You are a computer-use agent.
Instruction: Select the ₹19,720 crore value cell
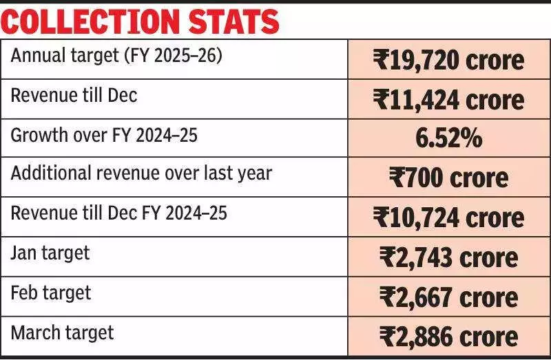pyautogui.click(x=448, y=61)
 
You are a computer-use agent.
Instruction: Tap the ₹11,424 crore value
pyautogui.click(x=448, y=100)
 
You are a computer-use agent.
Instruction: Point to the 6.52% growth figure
pyautogui.click(x=448, y=139)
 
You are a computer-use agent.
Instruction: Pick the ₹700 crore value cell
pyautogui.click(x=448, y=178)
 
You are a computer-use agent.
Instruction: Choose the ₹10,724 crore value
pyautogui.click(x=448, y=218)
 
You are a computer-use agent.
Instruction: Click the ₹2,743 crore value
pyautogui.click(x=448, y=257)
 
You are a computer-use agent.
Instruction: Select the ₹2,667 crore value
pyautogui.click(x=448, y=297)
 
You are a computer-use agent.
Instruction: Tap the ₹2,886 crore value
pyautogui.click(x=448, y=336)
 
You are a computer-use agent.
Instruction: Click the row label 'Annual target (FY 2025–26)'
pyautogui.click(x=116, y=56)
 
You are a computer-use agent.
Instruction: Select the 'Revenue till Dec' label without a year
pyautogui.click(x=74, y=95)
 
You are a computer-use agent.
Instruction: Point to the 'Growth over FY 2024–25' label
pyautogui.click(x=104, y=135)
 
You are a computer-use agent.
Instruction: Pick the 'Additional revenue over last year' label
pyautogui.click(x=141, y=173)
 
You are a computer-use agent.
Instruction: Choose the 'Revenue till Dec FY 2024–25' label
pyautogui.click(x=118, y=213)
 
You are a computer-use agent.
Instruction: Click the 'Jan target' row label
pyautogui.click(x=50, y=253)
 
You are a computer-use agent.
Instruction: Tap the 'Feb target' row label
pyautogui.click(x=51, y=293)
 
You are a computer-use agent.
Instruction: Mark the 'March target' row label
pyautogui.click(x=62, y=332)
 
